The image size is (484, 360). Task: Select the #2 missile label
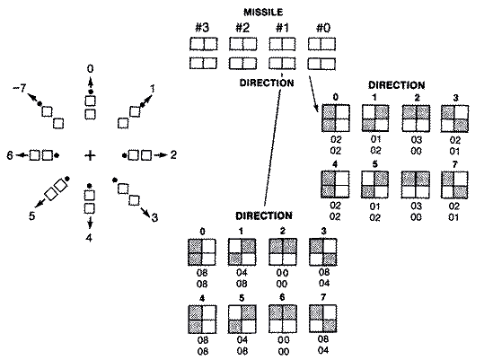pyautogui.click(x=243, y=27)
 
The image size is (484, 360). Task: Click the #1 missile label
pyautogui.click(x=282, y=27)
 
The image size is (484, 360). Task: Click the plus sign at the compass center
pyautogui.click(x=90, y=155)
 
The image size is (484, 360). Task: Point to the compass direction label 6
pyautogui.click(x=9, y=154)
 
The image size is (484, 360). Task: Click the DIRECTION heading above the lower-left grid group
pyautogui.click(x=262, y=216)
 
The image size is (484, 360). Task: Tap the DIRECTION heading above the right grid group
pyautogui.click(x=396, y=84)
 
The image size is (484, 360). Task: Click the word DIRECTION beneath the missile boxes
pyautogui.click(x=268, y=82)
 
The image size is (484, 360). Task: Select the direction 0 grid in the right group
pyautogui.click(x=336, y=118)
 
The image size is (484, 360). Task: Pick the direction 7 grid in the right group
pyautogui.click(x=455, y=184)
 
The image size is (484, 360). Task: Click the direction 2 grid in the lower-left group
pyautogui.click(x=282, y=251)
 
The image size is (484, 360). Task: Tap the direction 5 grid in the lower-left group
pyautogui.click(x=242, y=318)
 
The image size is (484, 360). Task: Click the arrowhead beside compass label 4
pyautogui.click(x=90, y=224)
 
